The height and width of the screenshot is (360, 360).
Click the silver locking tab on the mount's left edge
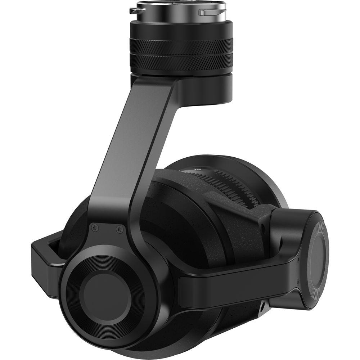[135, 10]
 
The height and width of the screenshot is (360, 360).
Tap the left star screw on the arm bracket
[95, 227]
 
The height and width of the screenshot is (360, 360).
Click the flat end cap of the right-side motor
[317, 257]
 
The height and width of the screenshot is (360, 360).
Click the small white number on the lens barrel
[197, 168]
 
